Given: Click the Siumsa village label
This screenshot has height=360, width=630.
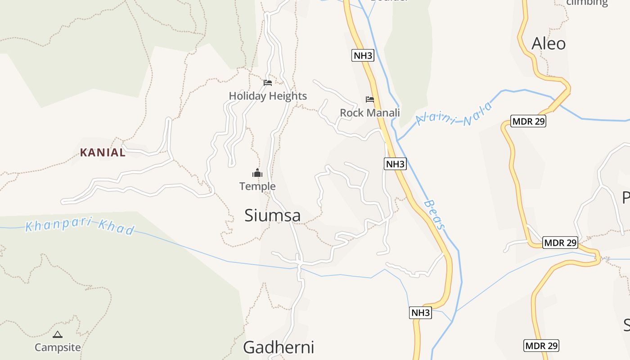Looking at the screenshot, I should tap(272, 216).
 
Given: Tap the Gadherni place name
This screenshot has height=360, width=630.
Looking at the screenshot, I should tap(278, 347).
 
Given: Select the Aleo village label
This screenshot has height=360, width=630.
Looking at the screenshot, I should tap(548, 44).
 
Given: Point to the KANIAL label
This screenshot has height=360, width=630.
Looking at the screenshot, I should tap(103, 153).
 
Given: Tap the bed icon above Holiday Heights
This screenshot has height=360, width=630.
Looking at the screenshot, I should tap(268, 82).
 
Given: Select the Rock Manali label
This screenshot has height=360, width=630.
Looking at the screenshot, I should tap(369, 112).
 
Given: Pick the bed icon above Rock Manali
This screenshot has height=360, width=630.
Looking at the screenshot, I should tap(370, 99).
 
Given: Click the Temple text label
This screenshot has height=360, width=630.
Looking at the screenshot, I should tap(257, 186).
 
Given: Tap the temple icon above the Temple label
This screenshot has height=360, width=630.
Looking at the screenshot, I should tap(257, 173).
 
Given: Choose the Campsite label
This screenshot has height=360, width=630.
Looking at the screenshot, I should tap(58, 347).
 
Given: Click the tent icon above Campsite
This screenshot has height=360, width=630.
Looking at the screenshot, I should tap(57, 334).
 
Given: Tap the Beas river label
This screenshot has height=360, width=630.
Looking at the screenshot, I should tap(435, 215).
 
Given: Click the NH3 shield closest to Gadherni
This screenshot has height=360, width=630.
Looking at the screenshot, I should tap(420, 313).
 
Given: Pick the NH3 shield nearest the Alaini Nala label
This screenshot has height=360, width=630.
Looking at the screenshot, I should tap(395, 164).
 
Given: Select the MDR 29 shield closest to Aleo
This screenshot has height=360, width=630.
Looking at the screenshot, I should tap(528, 121).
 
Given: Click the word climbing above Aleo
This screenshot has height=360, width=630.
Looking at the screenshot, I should tap(587, 2).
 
